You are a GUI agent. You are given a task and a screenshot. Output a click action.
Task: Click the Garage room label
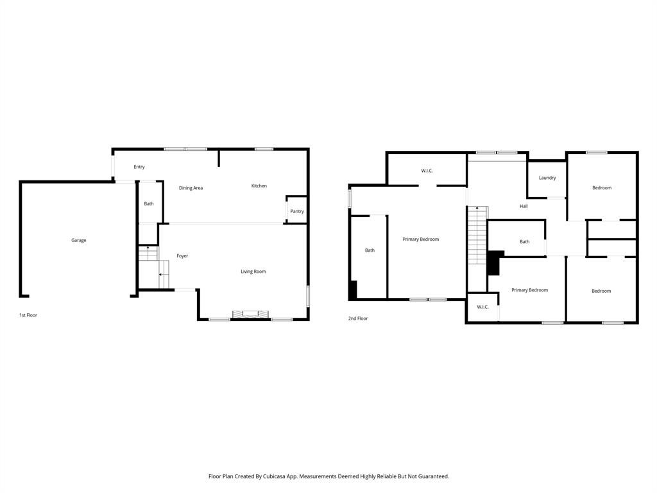click(78, 240)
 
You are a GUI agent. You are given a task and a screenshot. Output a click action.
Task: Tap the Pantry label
click(296, 211)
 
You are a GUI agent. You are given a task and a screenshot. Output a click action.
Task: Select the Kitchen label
click(259, 186)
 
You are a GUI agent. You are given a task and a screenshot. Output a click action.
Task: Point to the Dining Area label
click(191, 188)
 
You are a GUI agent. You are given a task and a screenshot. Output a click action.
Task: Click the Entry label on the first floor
click(139, 167)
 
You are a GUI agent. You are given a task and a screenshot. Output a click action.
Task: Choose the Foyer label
click(182, 256)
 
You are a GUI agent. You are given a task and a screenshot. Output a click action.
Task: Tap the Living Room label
click(253, 272)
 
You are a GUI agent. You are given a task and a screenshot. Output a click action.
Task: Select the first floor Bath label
click(149, 203)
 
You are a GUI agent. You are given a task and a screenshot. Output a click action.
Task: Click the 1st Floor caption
click(28, 315)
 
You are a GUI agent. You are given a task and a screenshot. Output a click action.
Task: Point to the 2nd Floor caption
click(358, 318)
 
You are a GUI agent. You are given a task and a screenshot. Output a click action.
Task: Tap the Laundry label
click(547, 178)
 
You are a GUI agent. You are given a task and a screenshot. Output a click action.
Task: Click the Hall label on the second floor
click(524, 206)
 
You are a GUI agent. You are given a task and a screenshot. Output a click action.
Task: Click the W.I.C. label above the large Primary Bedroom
click(427, 171)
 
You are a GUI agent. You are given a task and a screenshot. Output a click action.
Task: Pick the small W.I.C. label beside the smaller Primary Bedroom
click(482, 307)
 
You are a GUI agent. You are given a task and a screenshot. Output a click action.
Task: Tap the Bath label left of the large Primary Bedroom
click(370, 250)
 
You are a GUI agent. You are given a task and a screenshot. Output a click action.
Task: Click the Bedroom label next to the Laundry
click(601, 188)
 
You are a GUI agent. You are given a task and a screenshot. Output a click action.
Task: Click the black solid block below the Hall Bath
click(493, 263)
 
